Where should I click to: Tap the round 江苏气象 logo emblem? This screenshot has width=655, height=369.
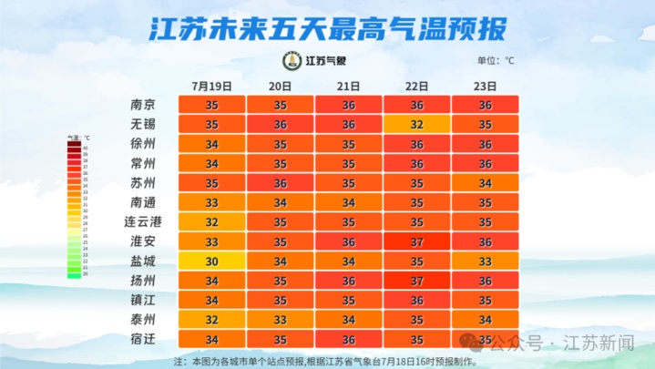point(292,61)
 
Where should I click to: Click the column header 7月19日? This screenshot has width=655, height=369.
point(211,87)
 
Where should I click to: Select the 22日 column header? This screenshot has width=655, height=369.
point(417,87)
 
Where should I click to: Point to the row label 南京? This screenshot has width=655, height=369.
point(143,105)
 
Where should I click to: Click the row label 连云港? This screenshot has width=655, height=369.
point(143,221)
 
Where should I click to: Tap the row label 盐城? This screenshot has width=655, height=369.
point(143,261)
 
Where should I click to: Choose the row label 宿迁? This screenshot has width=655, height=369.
point(143,339)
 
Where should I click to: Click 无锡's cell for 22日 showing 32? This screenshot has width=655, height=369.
point(417,125)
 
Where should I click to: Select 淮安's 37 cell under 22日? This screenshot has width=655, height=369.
point(417,241)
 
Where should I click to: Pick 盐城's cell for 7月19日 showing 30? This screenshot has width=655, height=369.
point(211,261)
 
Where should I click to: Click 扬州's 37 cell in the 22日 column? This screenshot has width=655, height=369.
point(417,281)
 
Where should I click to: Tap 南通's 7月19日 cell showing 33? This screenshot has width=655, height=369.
point(211,202)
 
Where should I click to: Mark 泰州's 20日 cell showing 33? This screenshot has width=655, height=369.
point(281,320)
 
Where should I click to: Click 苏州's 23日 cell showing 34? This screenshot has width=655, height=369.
point(486,183)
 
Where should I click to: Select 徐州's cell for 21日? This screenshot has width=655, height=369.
point(349,144)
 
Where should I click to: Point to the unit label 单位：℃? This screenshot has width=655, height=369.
point(496,62)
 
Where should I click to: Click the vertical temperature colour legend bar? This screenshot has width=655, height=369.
point(74,209)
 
